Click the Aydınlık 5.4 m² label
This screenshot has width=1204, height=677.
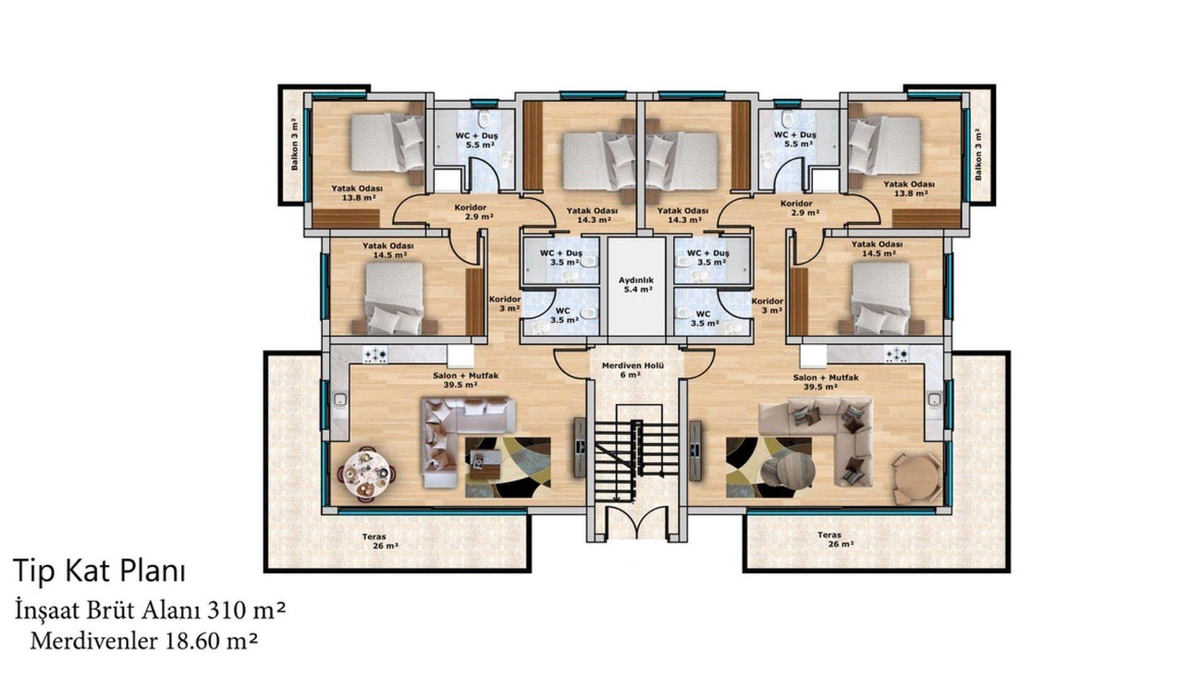point(636,285)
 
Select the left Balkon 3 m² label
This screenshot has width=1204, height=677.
point(294,144)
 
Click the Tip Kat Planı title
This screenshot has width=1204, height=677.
point(99,572)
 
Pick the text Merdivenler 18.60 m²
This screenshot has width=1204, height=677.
point(144,641)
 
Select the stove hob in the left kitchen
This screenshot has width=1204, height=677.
point(376,355)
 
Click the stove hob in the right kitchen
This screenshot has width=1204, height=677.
point(897,355)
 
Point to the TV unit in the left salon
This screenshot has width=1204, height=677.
point(579,448)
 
